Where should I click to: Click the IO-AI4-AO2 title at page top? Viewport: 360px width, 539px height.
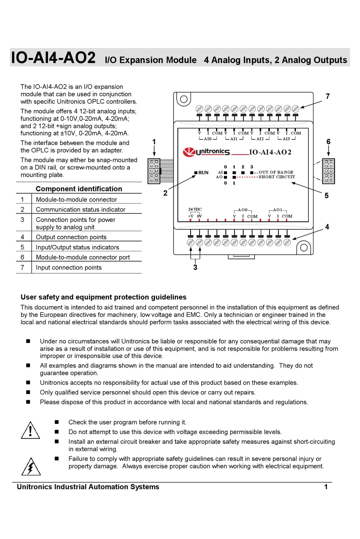53,58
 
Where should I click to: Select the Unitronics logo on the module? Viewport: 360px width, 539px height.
207,152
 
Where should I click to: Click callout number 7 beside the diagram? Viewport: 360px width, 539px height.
328,96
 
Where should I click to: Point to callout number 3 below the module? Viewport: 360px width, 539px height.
195,268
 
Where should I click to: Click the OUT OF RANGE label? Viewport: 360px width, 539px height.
276,172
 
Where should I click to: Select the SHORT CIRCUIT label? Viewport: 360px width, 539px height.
277,177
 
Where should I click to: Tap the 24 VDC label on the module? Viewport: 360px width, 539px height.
195,209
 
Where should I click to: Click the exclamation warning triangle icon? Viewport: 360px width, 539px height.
30,431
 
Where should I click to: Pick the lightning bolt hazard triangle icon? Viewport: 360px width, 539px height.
31,467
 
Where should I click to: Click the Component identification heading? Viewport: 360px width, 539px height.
79,189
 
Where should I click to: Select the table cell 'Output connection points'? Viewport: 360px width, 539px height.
71,237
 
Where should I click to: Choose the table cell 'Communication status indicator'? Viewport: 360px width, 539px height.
80,210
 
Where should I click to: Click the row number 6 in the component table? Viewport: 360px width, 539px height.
22,257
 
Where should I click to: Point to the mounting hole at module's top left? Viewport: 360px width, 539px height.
184,99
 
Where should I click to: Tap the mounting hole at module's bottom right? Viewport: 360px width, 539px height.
304,248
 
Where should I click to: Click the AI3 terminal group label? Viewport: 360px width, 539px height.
286,139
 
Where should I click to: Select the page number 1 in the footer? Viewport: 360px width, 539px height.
326,487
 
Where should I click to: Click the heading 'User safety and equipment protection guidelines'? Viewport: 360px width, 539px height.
103,297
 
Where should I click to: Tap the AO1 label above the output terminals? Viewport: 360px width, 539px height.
278,210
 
